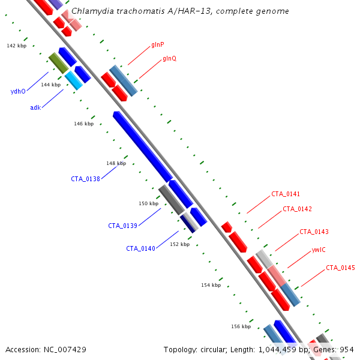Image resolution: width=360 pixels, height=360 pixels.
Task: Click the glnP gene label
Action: pyautogui.click(x=158, y=44)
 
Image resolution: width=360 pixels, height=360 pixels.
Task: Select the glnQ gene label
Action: pyautogui.click(x=170, y=59)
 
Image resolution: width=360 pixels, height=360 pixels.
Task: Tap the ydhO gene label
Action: pyautogui.click(x=18, y=91)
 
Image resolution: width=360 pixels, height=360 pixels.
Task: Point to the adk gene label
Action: pyautogui.click(x=35, y=107)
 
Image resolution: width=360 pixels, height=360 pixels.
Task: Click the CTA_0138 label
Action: pyautogui.click(x=85, y=179)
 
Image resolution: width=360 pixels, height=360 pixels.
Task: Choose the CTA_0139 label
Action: pyautogui.click(x=122, y=226)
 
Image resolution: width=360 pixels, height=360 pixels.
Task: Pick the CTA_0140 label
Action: pyautogui.click(x=141, y=248)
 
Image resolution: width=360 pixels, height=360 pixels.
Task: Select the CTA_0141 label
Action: pyautogui.click(x=286, y=194)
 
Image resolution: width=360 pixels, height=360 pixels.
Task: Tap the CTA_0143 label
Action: pyautogui.click(x=314, y=232)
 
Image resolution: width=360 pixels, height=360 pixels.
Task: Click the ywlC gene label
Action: pyautogui.click(x=319, y=250)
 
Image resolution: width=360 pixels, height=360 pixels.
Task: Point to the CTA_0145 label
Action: pyautogui.click(x=340, y=268)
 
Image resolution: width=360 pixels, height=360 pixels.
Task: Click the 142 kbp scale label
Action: pyautogui.click(x=17, y=46)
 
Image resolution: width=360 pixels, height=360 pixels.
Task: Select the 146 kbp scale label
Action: pyautogui.click(x=84, y=124)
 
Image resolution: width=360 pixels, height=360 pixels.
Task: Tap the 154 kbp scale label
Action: pyautogui.click(x=211, y=285)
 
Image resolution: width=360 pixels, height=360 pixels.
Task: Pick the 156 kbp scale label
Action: pyautogui.click(x=241, y=326)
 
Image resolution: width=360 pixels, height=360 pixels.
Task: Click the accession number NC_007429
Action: pyautogui.click(x=65, y=350)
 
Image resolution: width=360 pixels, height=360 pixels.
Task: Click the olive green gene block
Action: pyautogui.click(x=59, y=63)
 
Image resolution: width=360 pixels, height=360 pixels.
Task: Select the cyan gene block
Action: pyautogui.click(x=74, y=80)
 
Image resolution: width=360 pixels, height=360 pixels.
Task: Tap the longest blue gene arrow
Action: pyautogui.click(x=143, y=146)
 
